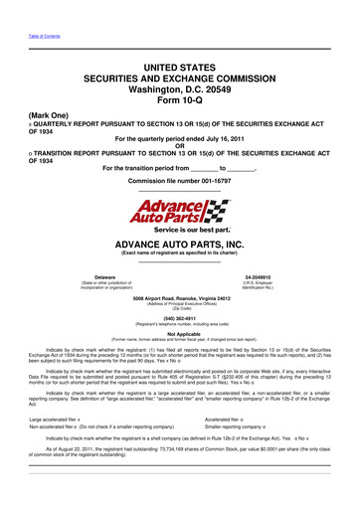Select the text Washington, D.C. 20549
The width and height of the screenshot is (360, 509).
pos(179,87)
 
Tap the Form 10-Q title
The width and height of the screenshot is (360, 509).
pos(179,98)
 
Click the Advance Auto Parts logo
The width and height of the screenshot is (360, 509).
pos(179,211)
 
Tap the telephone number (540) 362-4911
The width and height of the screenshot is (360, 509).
pos(179,319)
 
